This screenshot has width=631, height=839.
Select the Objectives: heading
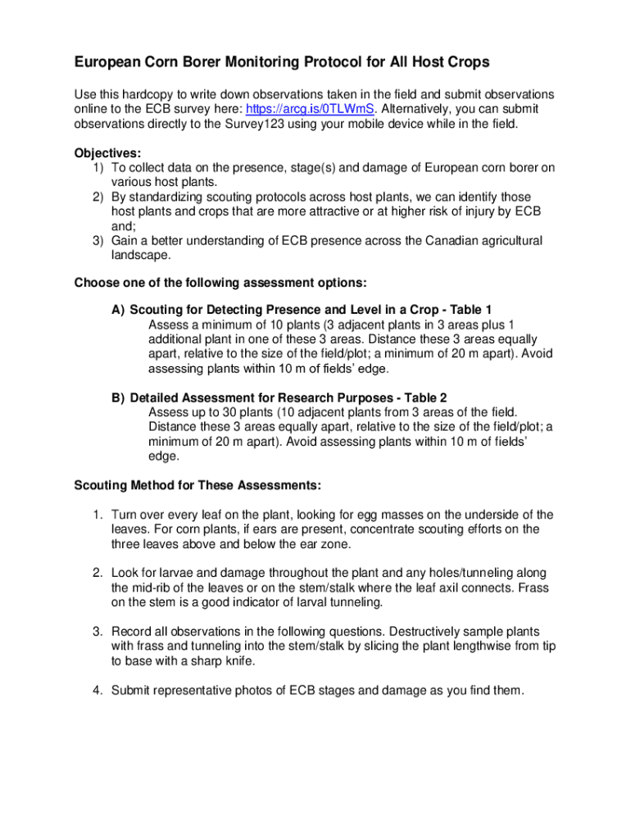[107, 153]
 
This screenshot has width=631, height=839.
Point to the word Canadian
[402, 241]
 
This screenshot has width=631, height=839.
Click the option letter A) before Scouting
[119, 310]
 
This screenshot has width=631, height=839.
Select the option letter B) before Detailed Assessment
[119, 398]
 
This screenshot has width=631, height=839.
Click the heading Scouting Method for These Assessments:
[197, 485]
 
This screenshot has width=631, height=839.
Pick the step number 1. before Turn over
[97, 515]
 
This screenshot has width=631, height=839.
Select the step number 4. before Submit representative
[97, 691]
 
